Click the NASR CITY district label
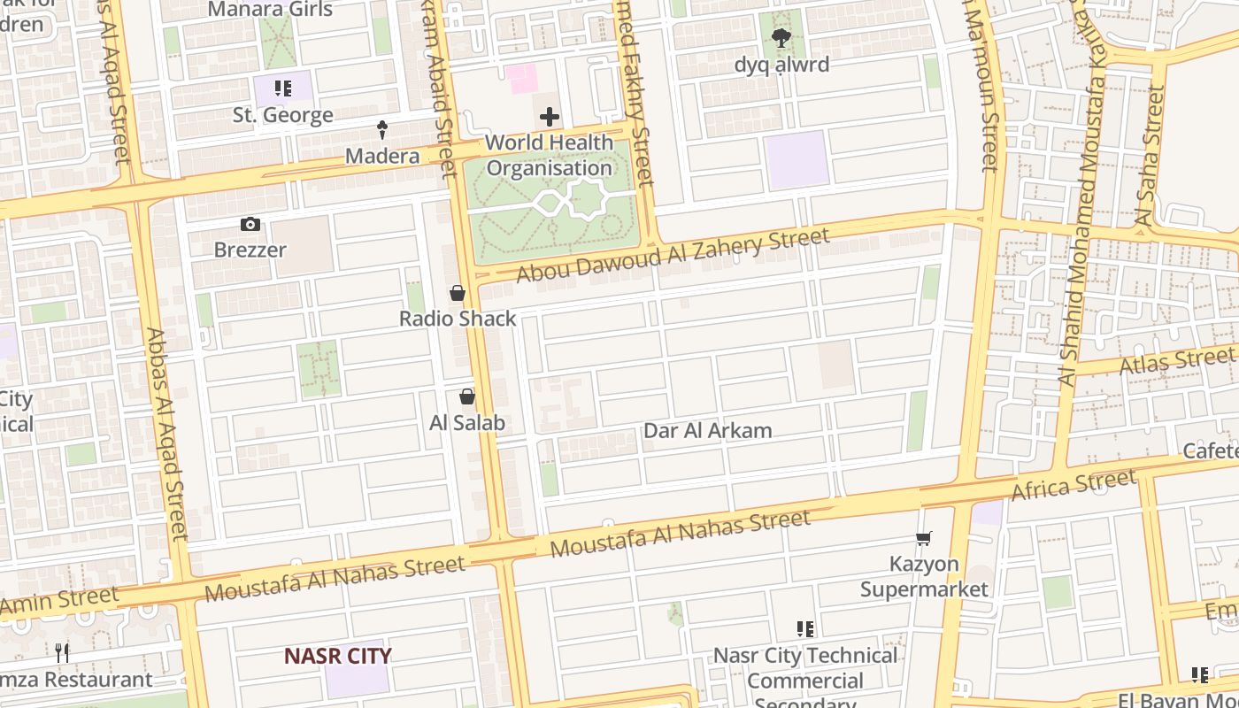(x=337, y=656)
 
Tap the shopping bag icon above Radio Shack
(x=458, y=293)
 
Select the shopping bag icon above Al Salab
(x=467, y=397)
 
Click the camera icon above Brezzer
(x=250, y=225)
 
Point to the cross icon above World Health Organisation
(x=549, y=117)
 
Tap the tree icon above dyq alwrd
(x=781, y=38)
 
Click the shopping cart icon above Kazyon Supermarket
(x=924, y=538)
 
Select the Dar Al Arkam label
(x=707, y=431)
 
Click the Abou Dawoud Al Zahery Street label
(x=673, y=255)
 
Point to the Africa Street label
(x=1074, y=485)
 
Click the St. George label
(x=282, y=115)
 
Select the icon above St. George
(x=282, y=88)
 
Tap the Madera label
(x=382, y=157)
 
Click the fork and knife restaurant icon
(x=62, y=653)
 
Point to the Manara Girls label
(x=270, y=10)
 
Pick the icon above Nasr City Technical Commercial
(x=804, y=629)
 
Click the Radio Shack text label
(x=458, y=319)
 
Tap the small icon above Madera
(x=382, y=130)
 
